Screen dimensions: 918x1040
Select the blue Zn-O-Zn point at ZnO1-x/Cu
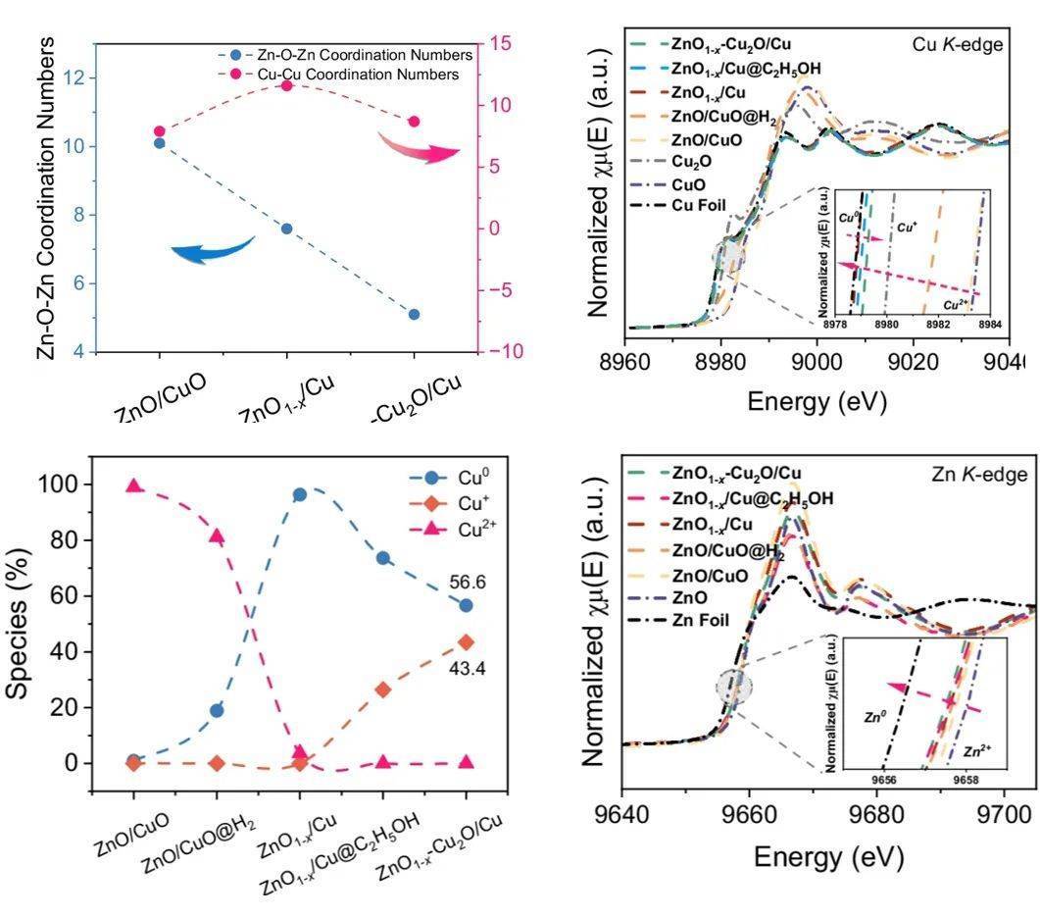click(286, 229)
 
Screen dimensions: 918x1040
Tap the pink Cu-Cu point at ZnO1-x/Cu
click(286, 86)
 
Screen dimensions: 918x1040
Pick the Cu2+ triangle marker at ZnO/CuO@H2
click(217, 535)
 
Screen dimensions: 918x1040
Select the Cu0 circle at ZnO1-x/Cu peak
click(300, 494)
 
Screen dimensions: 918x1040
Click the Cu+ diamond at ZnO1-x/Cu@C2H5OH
click(382, 689)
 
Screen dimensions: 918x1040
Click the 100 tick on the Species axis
click(67, 484)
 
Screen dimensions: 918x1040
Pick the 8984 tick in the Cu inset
click(989, 324)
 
